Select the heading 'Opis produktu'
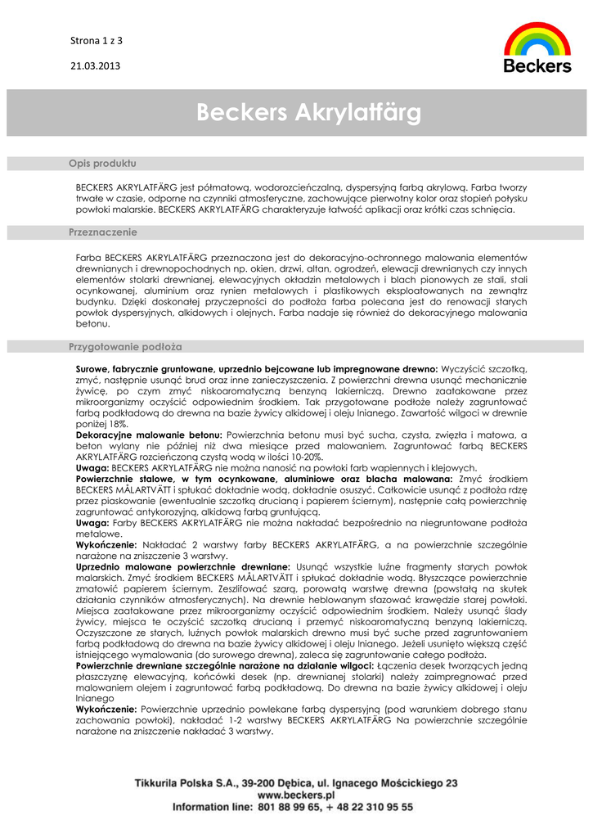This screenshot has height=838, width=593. click(102, 164)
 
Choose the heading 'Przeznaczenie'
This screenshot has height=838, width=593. click(102, 232)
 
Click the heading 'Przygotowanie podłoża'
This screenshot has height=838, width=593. click(125, 347)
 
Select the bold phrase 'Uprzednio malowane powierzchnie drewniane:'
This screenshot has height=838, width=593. click(182, 566)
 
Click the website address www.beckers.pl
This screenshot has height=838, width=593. click(296, 795)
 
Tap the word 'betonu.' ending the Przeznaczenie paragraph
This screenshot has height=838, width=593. click(92, 324)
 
